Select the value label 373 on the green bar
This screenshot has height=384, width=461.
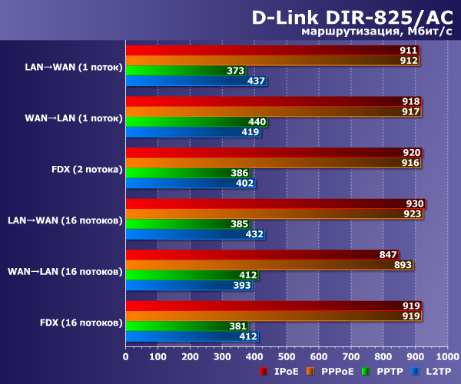pyautogui.click(x=236, y=71)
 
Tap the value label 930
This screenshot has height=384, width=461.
pyautogui.click(x=415, y=204)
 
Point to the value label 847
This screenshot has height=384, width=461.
pyautogui.click(x=388, y=255)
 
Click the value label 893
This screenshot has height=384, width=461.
pyautogui.click(x=403, y=265)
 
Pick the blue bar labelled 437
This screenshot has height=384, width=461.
pyautogui.click(x=192, y=81)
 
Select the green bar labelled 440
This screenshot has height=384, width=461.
pyautogui.click(x=192, y=121)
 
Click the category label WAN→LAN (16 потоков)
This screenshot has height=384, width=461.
pyautogui.click(x=65, y=270)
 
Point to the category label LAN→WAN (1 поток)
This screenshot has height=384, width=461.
pyautogui.click(x=74, y=66)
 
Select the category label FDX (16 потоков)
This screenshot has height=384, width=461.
pyautogui.click(x=81, y=321)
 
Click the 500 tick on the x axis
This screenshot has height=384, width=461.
pyautogui.click(x=287, y=356)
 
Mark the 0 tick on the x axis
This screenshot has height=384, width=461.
pyautogui.click(x=125, y=356)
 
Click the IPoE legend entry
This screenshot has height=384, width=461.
pyautogui.click(x=284, y=371)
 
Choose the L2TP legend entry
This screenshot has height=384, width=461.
pyautogui.click(x=435, y=371)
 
